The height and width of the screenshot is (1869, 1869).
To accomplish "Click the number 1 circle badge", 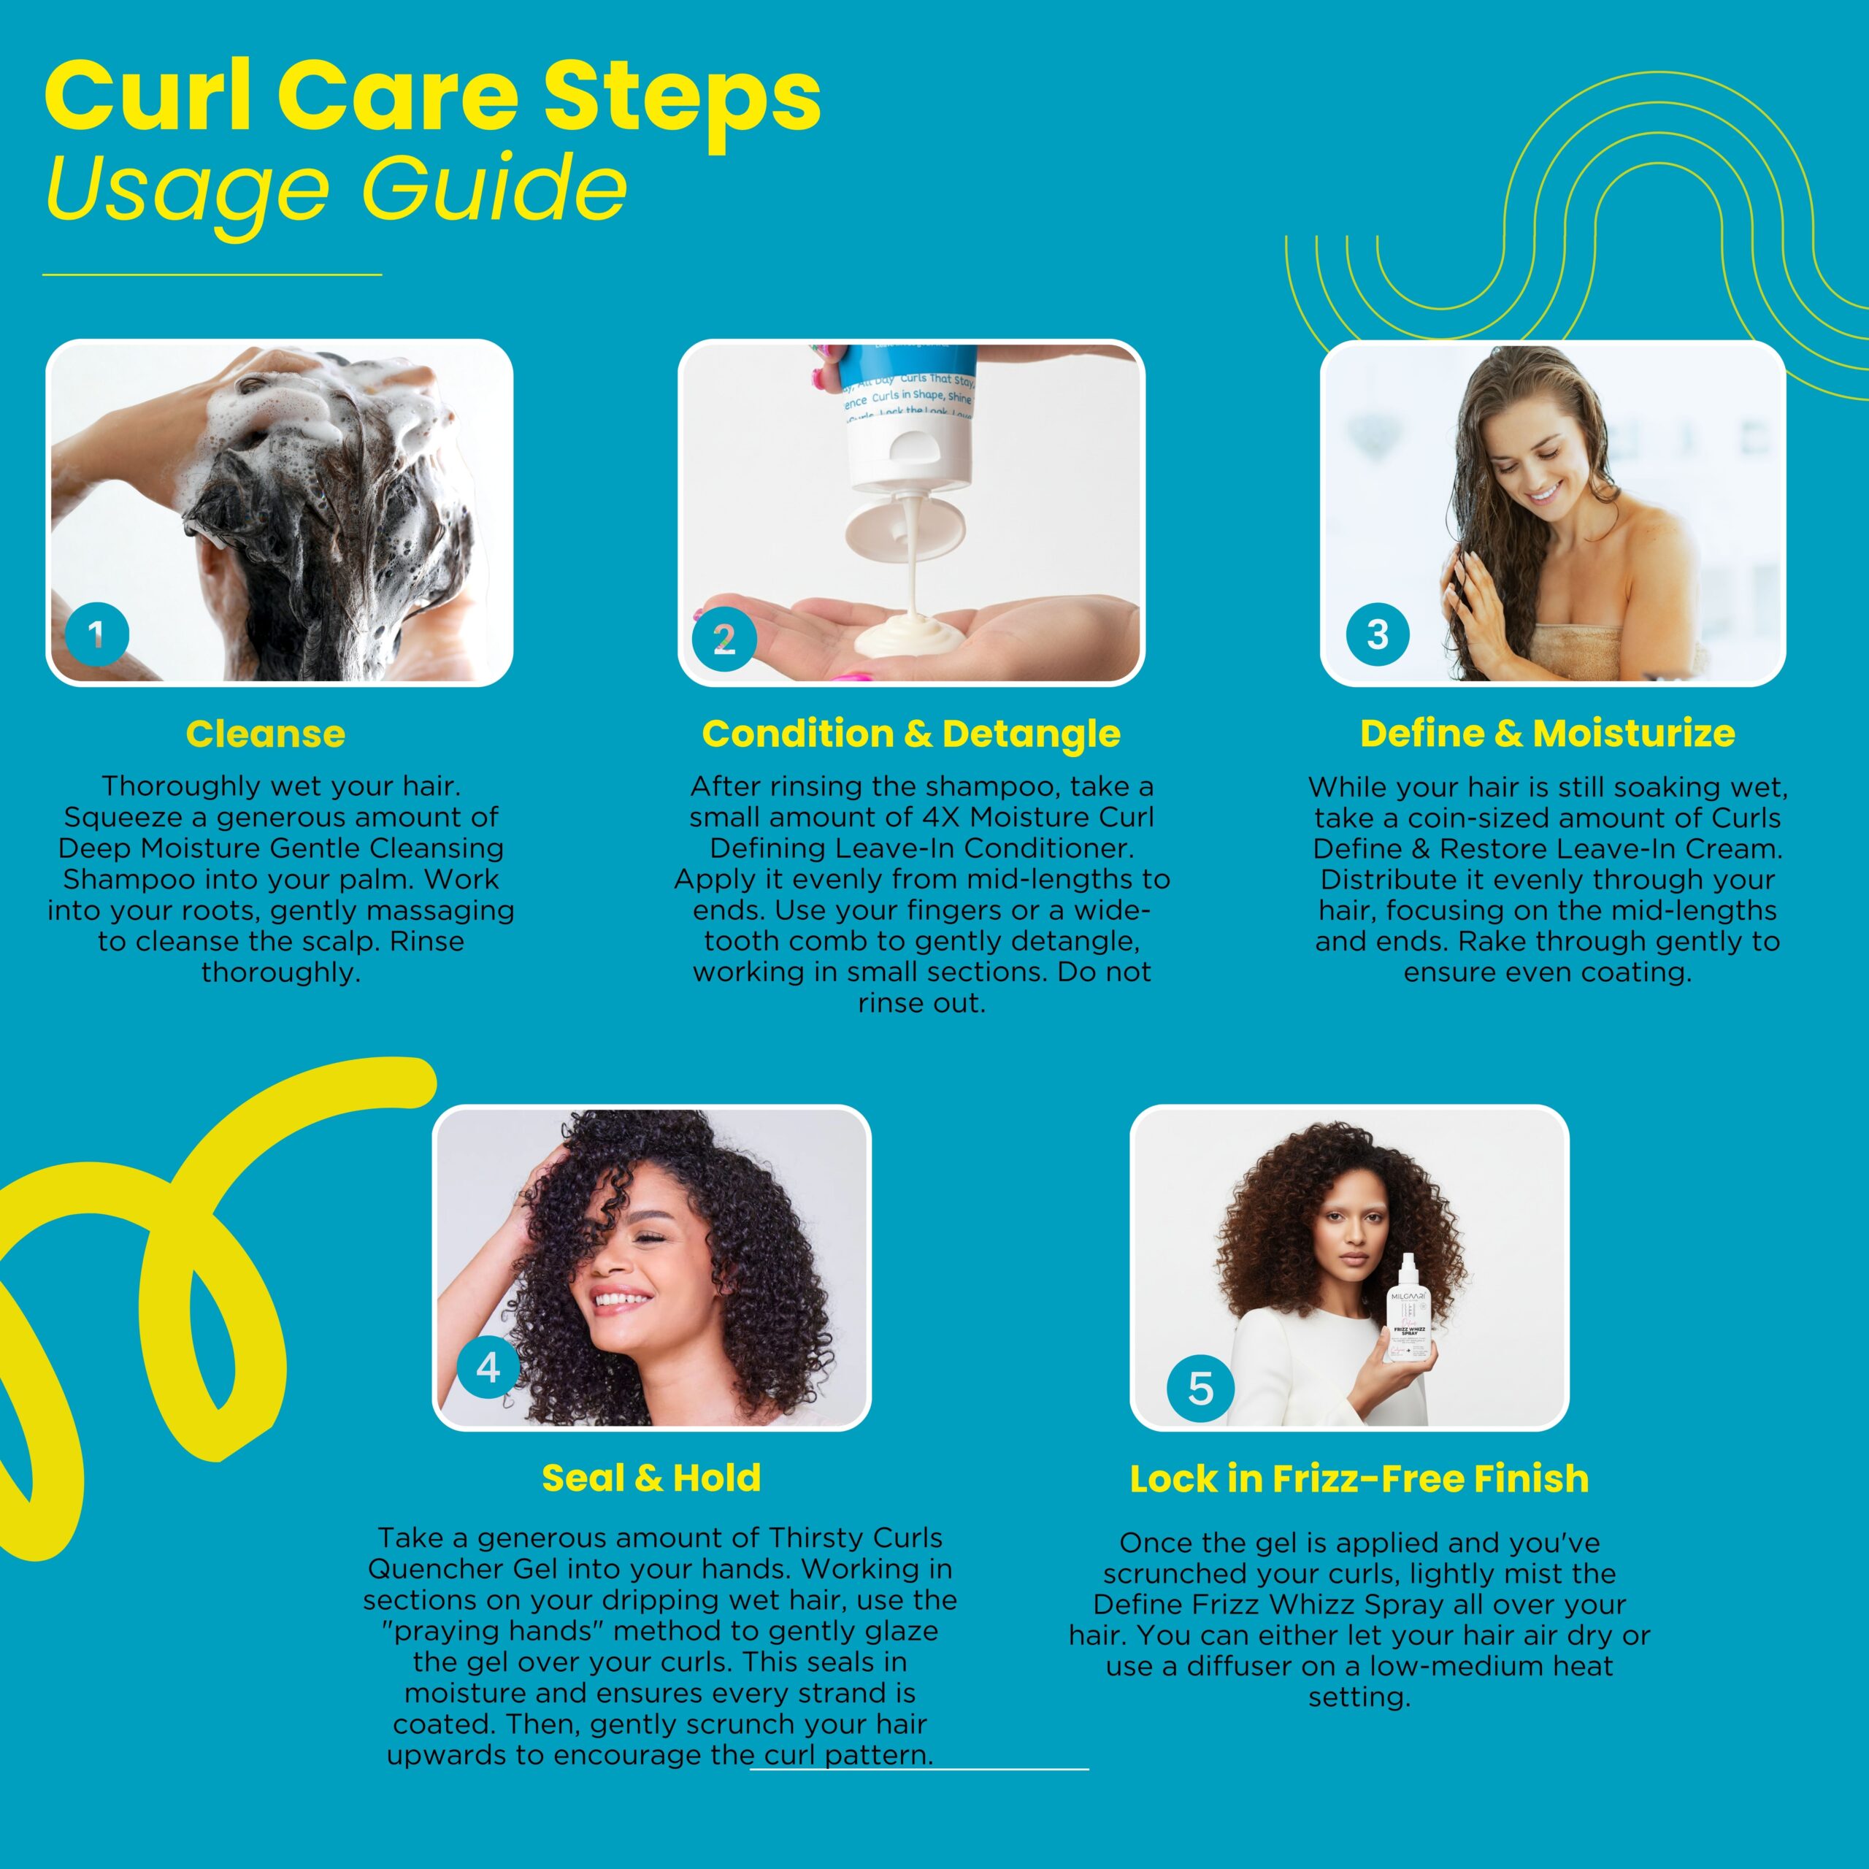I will [97, 634].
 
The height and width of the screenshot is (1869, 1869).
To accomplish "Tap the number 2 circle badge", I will [724, 639].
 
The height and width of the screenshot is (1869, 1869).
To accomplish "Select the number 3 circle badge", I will [1378, 634].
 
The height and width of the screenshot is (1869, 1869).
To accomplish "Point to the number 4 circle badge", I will [488, 1367].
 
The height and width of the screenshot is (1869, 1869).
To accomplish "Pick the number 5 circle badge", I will [1200, 1388].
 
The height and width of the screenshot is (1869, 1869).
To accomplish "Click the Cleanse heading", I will [265, 733].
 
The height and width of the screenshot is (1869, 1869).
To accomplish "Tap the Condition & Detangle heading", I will [910, 733].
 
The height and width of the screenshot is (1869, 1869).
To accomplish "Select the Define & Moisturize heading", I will [1547, 732].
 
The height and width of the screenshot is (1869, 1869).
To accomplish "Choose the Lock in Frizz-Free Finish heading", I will [1359, 1478].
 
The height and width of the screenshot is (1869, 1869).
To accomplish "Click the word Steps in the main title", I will [681, 97].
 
